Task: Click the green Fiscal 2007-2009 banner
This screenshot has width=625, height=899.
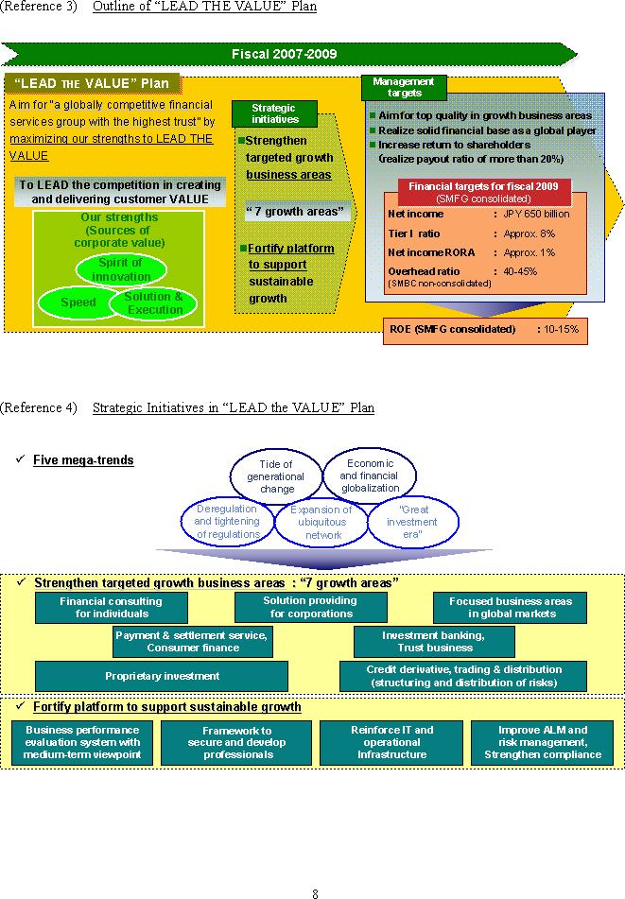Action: [x=284, y=54]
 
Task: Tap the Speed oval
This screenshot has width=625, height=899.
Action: [x=78, y=303]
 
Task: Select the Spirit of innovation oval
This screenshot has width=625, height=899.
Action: [x=121, y=269]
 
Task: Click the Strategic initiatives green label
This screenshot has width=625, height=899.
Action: [x=275, y=114]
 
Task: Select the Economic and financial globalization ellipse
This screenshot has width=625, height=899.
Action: [x=370, y=475]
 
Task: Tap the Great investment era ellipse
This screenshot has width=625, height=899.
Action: [x=412, y=522]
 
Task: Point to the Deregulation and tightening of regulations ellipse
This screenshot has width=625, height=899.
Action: [x=228, y=522]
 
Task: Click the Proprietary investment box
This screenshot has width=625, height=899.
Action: [x=162, y=676]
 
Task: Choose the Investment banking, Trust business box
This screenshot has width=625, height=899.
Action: [x=434, y=642]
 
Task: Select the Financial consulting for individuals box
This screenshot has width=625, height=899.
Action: [x=111, y=608]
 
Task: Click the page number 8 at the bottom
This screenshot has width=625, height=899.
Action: [x=316, y=891]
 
